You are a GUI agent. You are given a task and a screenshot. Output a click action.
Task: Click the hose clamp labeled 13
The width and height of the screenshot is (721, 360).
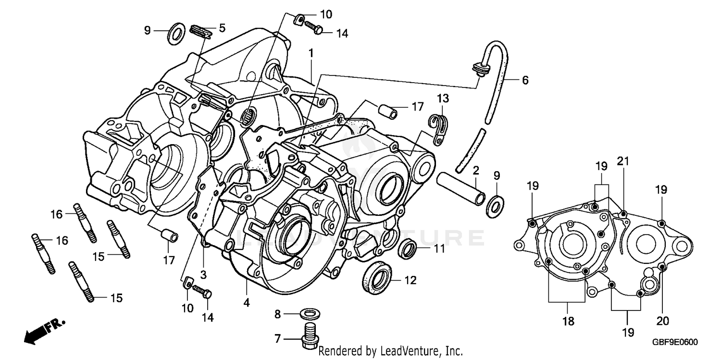tap(437, 129)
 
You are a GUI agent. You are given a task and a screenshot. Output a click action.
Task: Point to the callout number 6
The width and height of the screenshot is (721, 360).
tap(511, 81)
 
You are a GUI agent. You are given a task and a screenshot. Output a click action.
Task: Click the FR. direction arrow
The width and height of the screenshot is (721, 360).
tap(43, 331)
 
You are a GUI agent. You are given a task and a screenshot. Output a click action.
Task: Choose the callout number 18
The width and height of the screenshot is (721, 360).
tap(568, 322)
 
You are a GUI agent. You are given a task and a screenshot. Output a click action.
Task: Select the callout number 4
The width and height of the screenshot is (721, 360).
tap(247, 303)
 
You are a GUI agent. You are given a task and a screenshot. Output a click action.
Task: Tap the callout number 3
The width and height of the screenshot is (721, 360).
tap(203, 275)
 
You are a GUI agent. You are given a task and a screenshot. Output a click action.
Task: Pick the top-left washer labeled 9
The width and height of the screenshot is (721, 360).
tap(176, 33)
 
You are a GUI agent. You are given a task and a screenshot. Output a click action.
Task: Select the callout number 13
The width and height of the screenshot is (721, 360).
tap(443, 99)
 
